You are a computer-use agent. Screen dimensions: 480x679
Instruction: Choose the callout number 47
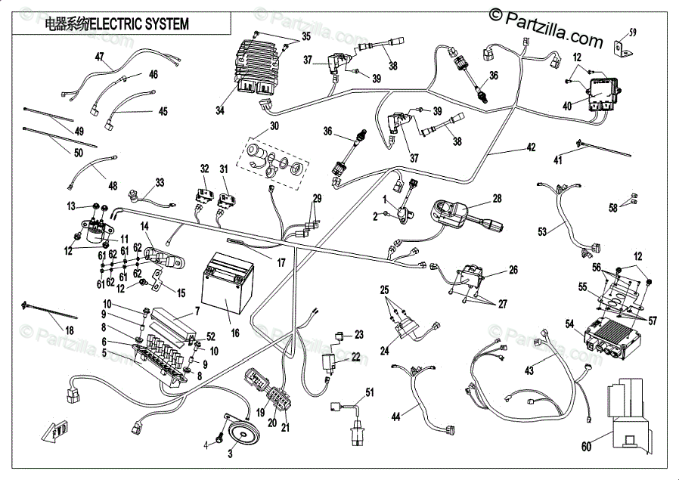(x=99, y=57)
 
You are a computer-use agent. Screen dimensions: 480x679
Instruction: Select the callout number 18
(x=70, y=330)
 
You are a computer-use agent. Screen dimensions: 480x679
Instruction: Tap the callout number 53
(x=542, y=231)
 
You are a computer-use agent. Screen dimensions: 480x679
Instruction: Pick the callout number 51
(x=370, y=392)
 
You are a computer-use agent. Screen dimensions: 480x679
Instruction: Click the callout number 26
(x=513, y=270)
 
